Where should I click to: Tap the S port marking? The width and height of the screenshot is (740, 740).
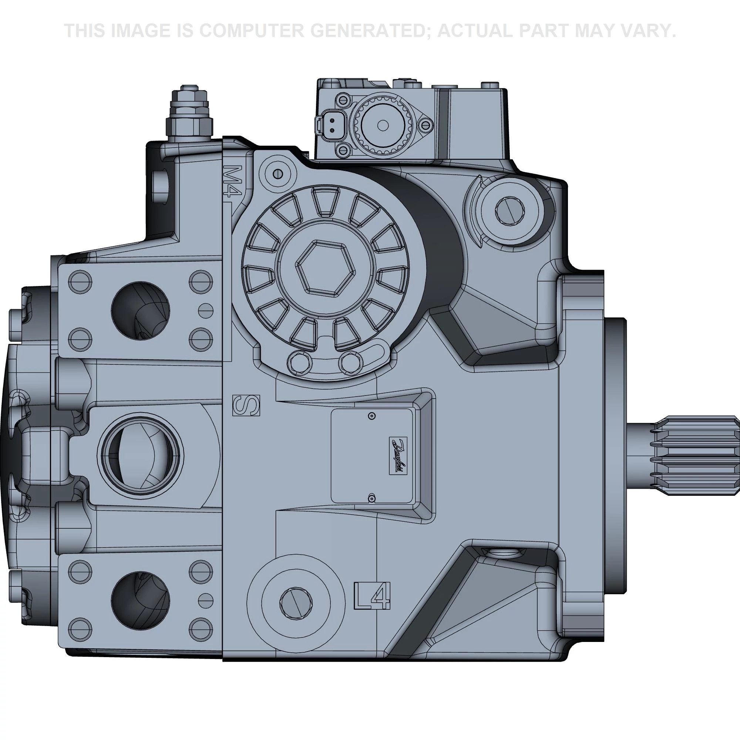(x=246, y=405)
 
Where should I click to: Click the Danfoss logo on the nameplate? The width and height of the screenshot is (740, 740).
(x=398, y=455)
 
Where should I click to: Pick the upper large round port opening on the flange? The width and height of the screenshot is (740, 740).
(x=140, y=310)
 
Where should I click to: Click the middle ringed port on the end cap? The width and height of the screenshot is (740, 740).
(x=140, y=455)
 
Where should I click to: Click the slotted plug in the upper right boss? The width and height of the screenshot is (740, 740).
(x=510, y=210)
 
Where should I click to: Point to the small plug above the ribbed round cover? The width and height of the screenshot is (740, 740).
(x=279, y=174)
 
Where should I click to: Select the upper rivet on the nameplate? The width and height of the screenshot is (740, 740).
(x=371, y=416)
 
